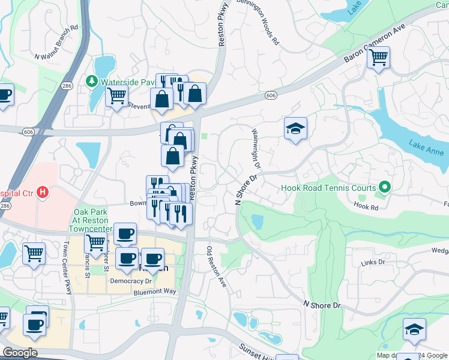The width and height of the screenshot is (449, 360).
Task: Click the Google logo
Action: (x=20, y=353)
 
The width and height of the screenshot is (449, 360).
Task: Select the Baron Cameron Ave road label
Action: (x=375, y=44)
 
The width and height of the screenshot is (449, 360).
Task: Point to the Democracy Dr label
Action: (x=135, y=280)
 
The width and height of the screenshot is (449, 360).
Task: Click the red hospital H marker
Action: (x=42, y=193)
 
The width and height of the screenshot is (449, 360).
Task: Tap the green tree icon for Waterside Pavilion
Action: (x=92, y=80)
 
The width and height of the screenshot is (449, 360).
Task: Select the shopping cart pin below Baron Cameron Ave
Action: (x=378, y=58)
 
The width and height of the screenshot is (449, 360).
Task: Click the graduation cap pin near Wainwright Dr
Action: (x=295, y=128)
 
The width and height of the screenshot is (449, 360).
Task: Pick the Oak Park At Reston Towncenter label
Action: (x=92, y=220)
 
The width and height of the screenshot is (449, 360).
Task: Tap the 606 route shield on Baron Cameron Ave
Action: (x=271, y=95)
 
